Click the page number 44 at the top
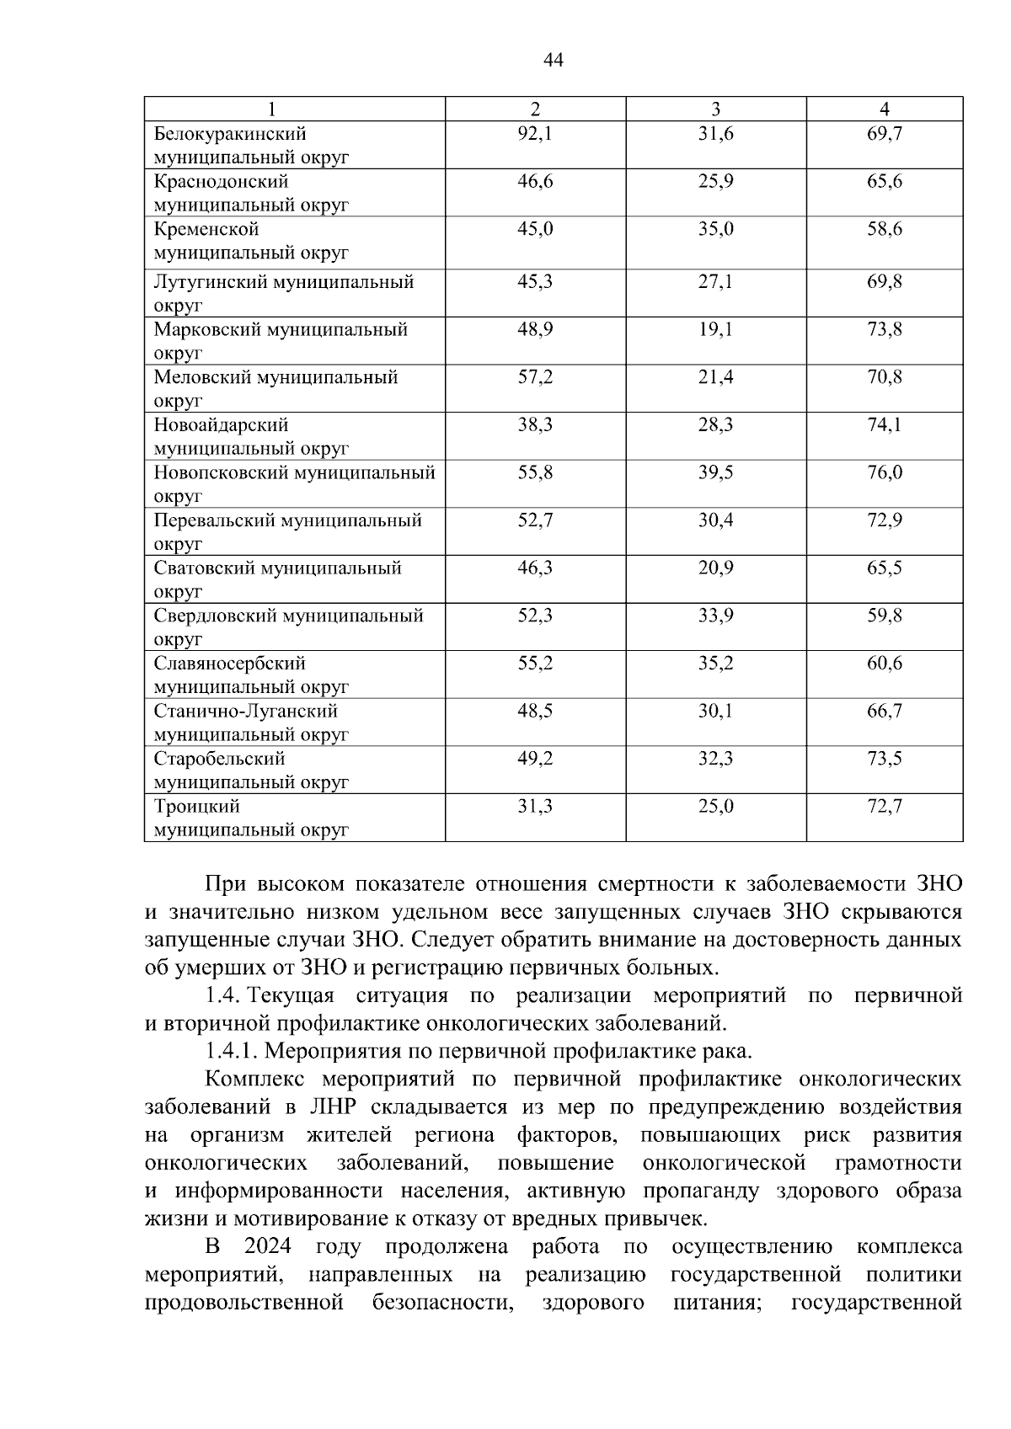[x=554, y=60]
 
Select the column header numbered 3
[x=715, y=109]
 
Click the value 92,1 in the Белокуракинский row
[x=535, y=133]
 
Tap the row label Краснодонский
[x=221, y=181]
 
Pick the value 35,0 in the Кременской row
[x=715, y=229]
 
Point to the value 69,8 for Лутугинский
[x=885, y=281]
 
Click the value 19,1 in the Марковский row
[x=715, y=329]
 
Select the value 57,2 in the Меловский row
[x=535, y=377]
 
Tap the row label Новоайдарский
[x=221, y=424]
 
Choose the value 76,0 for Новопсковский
[x=885, y=472]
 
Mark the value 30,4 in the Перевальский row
[x=715, y=520]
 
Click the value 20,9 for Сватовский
[x=715, y=568]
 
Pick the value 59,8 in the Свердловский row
[x=885, y=616]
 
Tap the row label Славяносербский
[x=229, y=664]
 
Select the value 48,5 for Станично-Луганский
[x=535, y=711]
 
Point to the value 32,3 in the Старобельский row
[x=715, y=759]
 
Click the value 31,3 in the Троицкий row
[x=535, y=807]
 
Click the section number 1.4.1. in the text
[x=231, y=1051]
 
